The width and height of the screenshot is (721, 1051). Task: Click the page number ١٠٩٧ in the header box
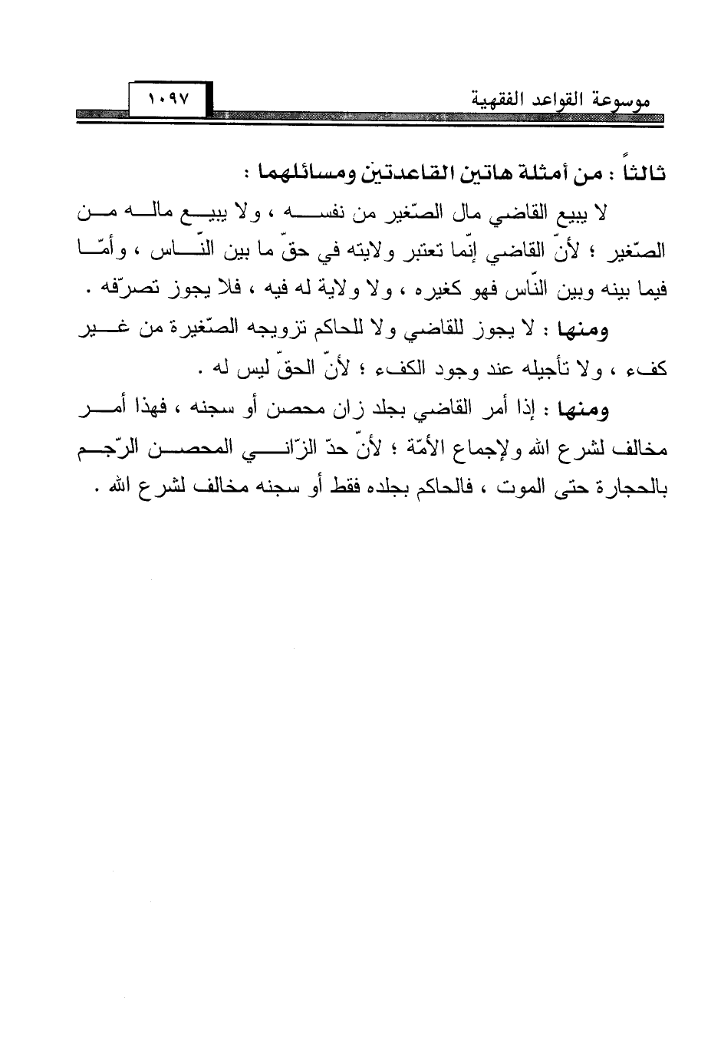click(x=170, y=100)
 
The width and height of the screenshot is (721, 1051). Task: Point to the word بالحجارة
click(x=632, y=489)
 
